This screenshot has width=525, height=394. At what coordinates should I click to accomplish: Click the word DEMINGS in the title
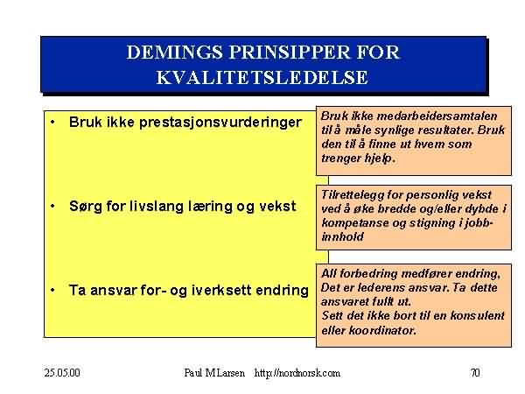point(174,53)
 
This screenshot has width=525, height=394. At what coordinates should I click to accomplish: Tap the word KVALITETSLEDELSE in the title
point(262,77)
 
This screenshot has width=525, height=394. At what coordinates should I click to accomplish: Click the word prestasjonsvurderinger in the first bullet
point(220,123)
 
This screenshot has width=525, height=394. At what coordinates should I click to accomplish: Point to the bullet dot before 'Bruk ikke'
point(52,123)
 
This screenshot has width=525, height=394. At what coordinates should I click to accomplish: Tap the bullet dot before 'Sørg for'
point(52,207)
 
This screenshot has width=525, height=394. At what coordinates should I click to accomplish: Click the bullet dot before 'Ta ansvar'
point(52,290)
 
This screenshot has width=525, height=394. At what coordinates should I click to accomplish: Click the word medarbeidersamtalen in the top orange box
point(437,116)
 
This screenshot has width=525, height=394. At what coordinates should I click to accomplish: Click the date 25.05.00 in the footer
point(62,373)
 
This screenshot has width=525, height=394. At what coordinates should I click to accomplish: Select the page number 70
point(475,373)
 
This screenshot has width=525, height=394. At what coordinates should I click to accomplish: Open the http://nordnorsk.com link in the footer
point(297,373)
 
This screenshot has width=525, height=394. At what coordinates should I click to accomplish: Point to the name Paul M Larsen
point(214,373)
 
